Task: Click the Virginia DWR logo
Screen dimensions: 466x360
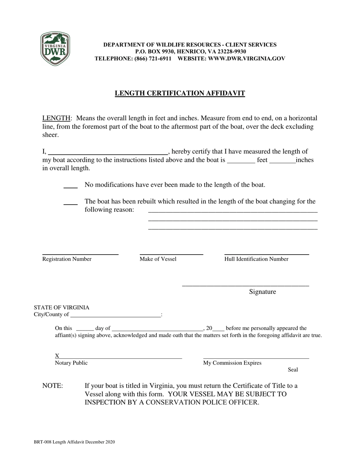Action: point(55,48)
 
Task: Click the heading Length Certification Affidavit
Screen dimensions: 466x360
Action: point(180,93)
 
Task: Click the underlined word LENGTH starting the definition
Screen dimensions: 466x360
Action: point(56,118)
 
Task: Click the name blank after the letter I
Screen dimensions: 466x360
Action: point(108,152)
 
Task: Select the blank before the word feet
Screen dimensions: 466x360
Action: point(241,160)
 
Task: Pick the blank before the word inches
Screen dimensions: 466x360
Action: point(282,160)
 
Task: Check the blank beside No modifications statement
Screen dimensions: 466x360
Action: point(70,185)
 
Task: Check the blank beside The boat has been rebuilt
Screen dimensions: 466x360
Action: point(70,202)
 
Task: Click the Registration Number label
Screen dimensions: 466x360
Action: point(67,259)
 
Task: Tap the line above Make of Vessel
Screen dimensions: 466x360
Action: point(171,254)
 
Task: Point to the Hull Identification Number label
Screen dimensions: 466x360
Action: point(256,259)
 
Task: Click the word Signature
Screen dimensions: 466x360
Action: point(262,292)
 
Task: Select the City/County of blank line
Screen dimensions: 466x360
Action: point(115,315)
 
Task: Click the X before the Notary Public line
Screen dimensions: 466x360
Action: point(57,356)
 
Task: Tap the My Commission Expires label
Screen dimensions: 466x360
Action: point(232,363)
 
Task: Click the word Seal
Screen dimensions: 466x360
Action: point(293,370)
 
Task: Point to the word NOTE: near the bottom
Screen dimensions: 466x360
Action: point(53,386)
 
